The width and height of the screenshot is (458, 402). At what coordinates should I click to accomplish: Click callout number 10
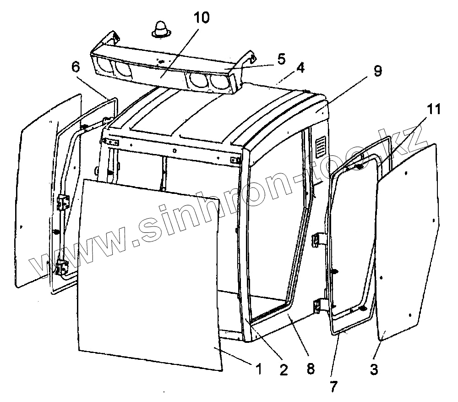coord(202,19)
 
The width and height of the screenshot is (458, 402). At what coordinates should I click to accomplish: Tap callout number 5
coord(281,59)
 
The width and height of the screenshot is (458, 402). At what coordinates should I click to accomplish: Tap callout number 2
coord(284,369)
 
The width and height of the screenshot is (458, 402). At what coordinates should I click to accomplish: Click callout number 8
coord(311,369)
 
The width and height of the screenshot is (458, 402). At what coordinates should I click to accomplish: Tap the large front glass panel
coord(149,270)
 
